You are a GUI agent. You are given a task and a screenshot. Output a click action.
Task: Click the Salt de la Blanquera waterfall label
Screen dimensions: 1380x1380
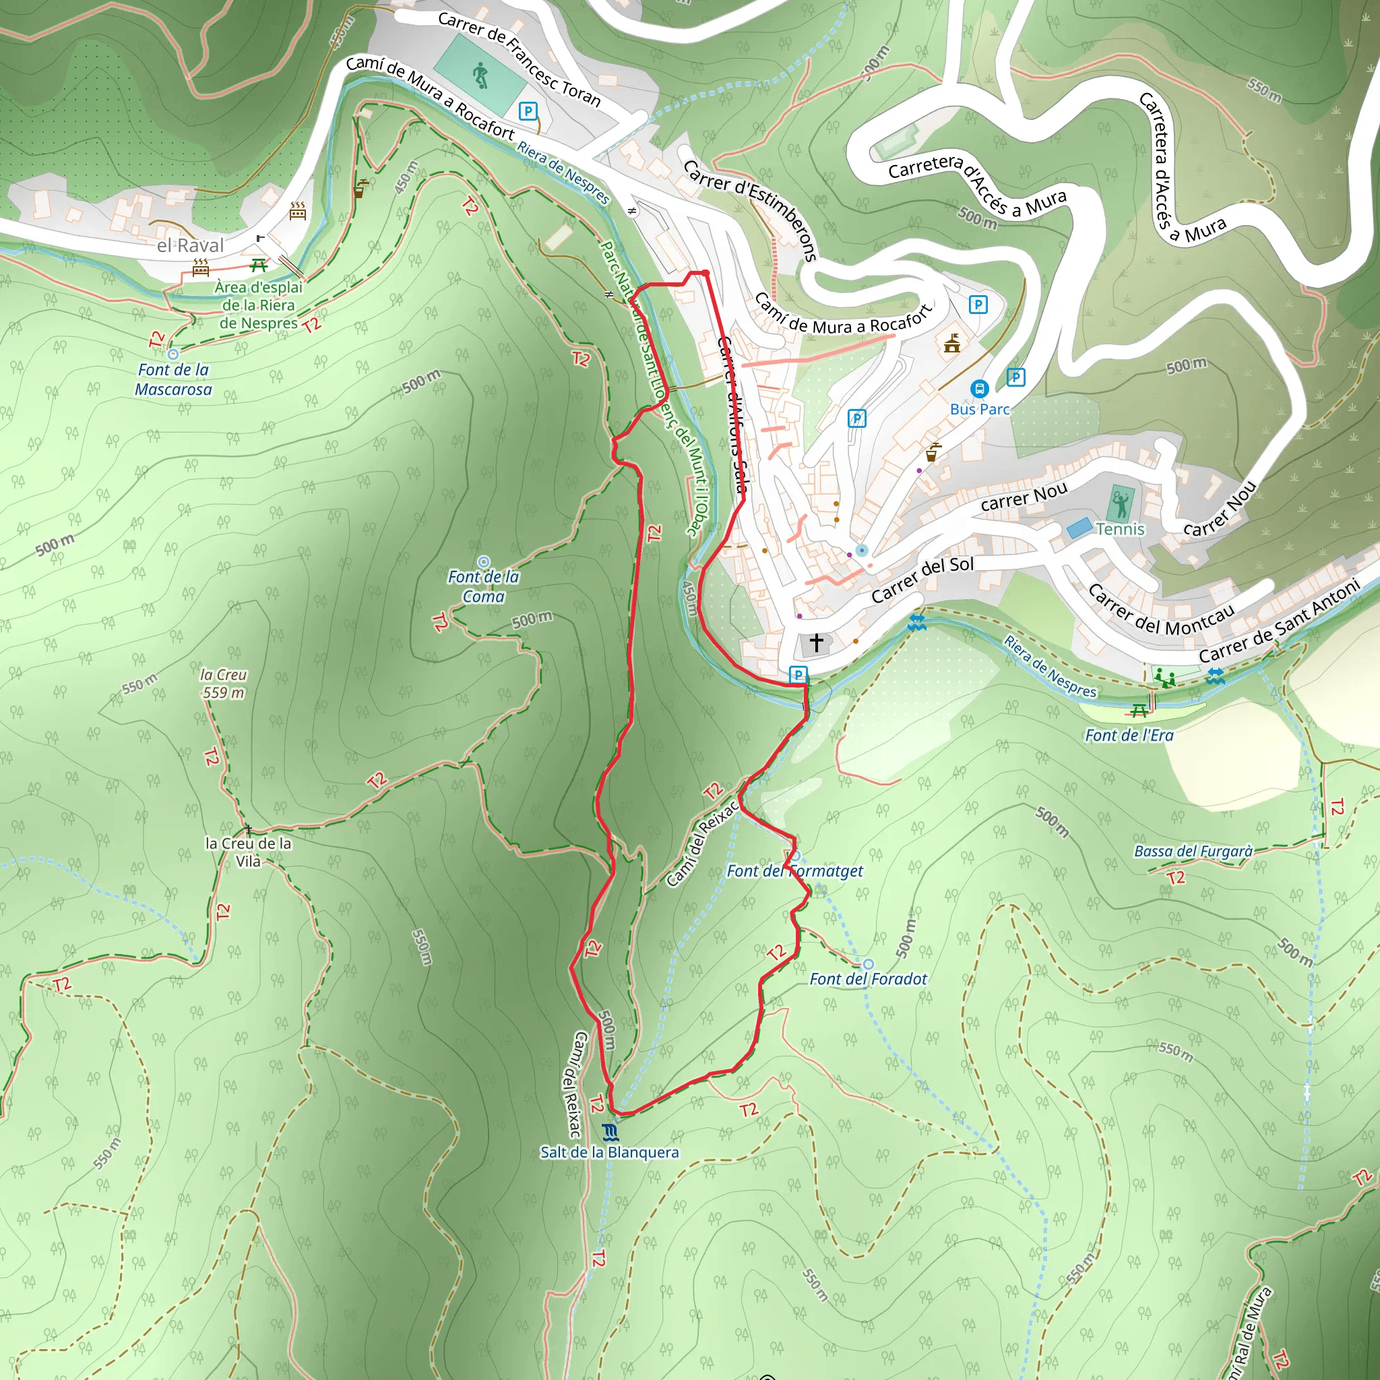point(609,1152)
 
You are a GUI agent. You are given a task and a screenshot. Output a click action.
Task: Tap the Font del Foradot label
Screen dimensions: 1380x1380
point(868,979)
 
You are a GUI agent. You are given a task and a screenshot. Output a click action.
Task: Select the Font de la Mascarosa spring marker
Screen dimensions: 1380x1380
point(173,354)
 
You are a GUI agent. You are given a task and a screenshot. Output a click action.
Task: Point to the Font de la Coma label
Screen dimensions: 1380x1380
point(484,586)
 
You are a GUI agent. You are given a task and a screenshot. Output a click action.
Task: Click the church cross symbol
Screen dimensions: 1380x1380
point(816,643)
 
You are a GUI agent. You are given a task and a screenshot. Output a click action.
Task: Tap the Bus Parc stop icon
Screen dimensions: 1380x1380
point(978,389)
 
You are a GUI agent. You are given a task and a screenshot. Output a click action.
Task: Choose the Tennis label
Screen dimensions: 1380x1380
point(1120,529)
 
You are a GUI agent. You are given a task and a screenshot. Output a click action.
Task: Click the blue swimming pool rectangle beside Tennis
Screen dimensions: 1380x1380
point(1079,528)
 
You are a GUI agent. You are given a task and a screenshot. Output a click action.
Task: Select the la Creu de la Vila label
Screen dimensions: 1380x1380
point(248,852)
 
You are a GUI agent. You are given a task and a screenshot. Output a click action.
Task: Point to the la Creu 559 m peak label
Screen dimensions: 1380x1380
point(224,683)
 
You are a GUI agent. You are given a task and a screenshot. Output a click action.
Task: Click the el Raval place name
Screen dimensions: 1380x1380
point(190,246)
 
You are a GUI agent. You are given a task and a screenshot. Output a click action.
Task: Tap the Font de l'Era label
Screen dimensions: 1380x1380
point(1129,736)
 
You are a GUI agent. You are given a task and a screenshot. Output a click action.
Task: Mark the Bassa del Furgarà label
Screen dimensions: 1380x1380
point(1193,852)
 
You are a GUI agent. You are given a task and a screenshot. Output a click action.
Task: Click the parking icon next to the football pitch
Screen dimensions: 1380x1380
point(528,111)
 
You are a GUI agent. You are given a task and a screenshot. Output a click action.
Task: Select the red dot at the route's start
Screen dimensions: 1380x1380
point(705,273)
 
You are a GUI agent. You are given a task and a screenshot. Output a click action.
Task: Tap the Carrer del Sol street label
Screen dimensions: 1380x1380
point(922,579)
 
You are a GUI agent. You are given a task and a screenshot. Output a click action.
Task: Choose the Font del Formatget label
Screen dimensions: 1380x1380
point(794,871)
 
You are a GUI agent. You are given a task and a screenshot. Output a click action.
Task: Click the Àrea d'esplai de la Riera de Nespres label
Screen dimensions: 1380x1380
point(259,305)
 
